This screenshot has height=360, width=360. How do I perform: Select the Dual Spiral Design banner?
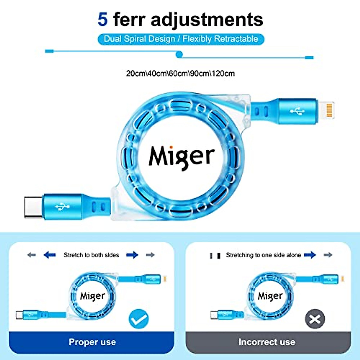pyautogui.click(x=181, y=39)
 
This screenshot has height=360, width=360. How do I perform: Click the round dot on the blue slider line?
pyautogui.click(x=179, y=54)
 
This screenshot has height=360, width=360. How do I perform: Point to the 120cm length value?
pyautogui.click(x=223, y=73)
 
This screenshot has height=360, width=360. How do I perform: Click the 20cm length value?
pyautogui.click(x=136, y=73)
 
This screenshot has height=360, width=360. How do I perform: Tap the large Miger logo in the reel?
pyautogui.click(x=182, y=157)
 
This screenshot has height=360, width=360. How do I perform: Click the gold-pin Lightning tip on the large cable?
pyautogui.click(x=326, y=110)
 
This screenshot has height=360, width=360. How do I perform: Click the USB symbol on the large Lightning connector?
pyautogui.click(x=297, y=111)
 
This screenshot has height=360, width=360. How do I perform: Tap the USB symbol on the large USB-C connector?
pyautogui.click(x=62, y=207)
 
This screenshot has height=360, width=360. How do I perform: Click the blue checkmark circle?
pyautogui.click(x=139, y=319)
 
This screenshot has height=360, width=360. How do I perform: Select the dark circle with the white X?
pyautogui.click(x=315, y=319)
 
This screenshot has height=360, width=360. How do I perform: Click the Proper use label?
pyautogui.click(x=92, y=342)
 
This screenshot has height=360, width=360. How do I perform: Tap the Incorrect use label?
pyautogui.click(x=267, y=342)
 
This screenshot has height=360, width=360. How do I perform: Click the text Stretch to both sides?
pyautogui.click(x=91, y=255)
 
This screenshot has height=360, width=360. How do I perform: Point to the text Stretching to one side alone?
pyautogui.click(x=263, y=255)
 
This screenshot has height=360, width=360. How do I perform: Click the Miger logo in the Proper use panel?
pyautogui.click(x=92, y=296)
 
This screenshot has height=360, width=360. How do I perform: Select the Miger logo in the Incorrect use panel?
pyautogui.click(x=270, y=296)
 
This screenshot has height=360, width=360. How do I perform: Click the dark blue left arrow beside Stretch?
pyautogui.click(x=49, y=255)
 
